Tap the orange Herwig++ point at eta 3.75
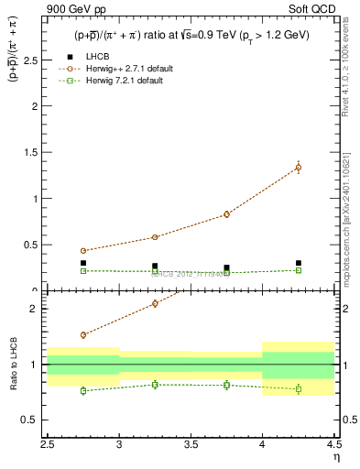tap(226, 214)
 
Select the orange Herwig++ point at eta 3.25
tap(155, 237)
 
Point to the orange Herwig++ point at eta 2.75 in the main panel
tap(83, 251)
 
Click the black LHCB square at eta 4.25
tap(299, 263)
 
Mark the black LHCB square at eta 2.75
tap(83, 263)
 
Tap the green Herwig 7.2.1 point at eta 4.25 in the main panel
tap(299, 270)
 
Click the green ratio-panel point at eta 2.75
tap(83, 390)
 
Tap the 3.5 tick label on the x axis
tap(191, 443)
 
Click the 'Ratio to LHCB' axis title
tap(14, 364)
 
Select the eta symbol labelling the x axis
tap(336, 455)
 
